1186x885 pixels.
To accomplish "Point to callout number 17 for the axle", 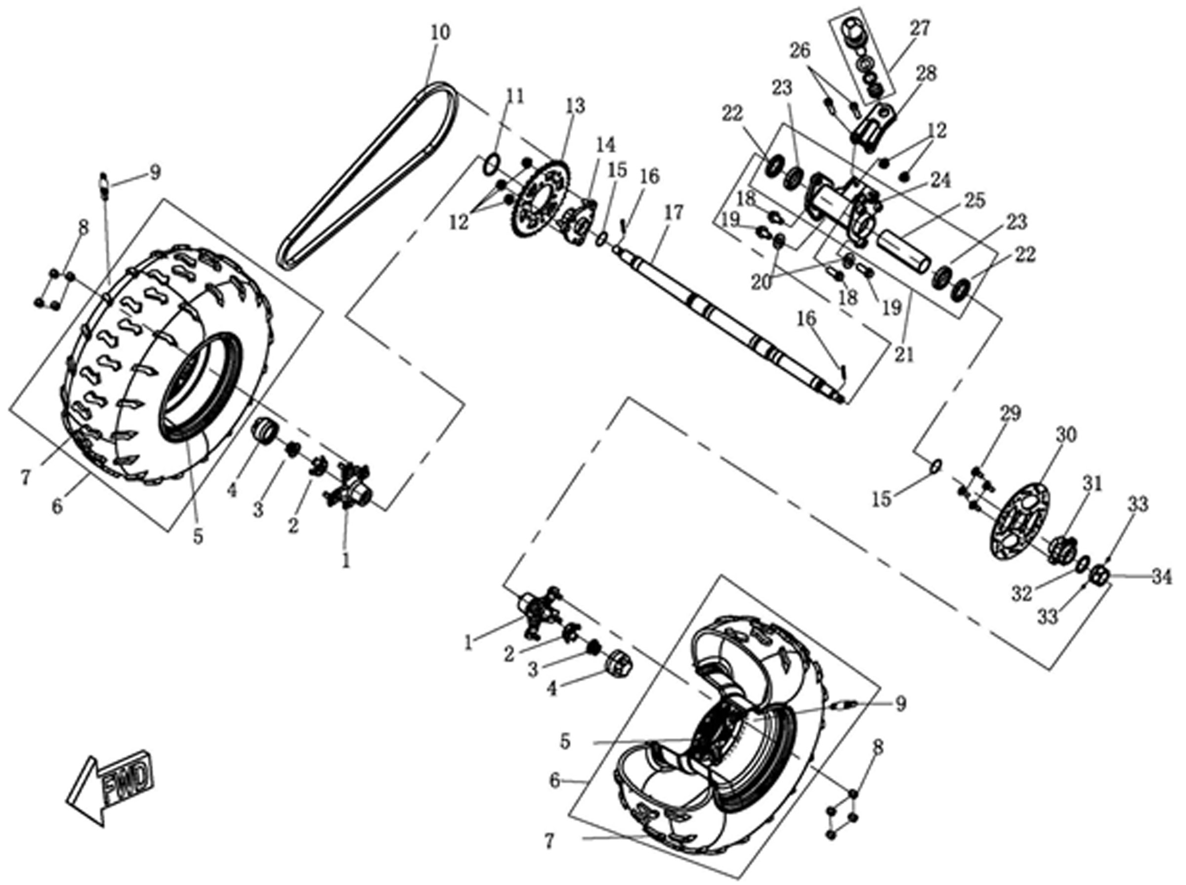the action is coord(674,213).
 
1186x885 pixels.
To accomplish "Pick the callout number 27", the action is coord(920,28).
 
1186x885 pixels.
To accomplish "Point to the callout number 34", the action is coord(1161,578).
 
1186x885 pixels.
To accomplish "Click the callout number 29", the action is coord(1010,414).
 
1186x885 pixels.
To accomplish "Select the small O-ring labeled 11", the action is coord(492,164).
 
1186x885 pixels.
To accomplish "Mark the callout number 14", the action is coord(606,145).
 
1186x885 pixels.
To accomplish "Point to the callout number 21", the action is coord(904,355).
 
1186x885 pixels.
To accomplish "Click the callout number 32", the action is coord(1022,593).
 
